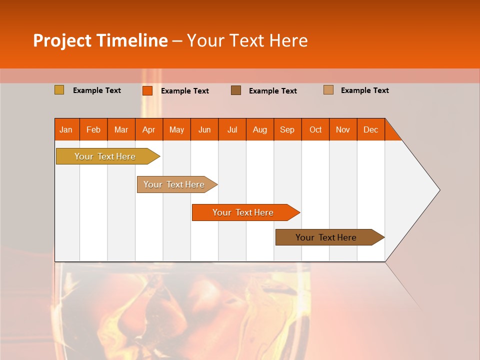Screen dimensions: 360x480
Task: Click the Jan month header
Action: [x=66, y=129]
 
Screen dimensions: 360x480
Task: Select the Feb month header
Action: [x=93, y=129]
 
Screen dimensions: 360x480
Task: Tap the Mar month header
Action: [x=121, y=129]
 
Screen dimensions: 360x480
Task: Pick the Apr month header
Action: [x=149, y=129]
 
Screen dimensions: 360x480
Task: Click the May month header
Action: [x=176, y=129]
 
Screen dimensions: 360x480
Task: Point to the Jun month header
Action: [x=204, y=129]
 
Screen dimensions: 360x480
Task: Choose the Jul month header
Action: [x=232, y=129]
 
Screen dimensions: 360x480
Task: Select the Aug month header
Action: [x=260, y=129]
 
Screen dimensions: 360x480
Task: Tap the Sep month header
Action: [x=287, y=129]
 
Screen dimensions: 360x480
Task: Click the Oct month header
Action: [x=315, y=129]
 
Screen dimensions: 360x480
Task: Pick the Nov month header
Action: [x=343, y=129]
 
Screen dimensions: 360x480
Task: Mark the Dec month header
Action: [x=371, y=129]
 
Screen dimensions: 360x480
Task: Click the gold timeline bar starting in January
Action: [x=105, y=156]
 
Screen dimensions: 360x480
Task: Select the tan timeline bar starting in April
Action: [x=174, y=184]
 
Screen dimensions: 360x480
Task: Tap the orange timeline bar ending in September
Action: [x=243, y=212]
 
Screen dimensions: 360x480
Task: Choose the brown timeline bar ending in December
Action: [x=326, y=237]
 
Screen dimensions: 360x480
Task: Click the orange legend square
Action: [x=147, y=90]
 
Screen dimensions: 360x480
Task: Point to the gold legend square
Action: [x=59, y=90]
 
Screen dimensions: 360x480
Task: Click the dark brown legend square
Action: [x=236, y=90]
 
